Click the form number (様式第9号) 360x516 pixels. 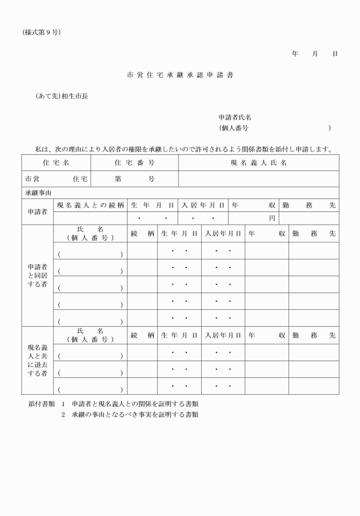41,32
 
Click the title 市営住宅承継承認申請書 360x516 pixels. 180,75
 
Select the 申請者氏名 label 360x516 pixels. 235,117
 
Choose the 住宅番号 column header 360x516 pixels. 134,163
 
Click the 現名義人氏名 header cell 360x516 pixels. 258,163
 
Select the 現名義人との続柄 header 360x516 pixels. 90,205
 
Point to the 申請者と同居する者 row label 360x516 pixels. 37,275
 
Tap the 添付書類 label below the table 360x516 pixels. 42,404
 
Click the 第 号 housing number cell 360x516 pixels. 134,178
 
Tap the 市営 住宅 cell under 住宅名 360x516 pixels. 55,178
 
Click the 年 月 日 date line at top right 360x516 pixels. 314,54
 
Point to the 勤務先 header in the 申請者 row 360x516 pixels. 309,205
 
